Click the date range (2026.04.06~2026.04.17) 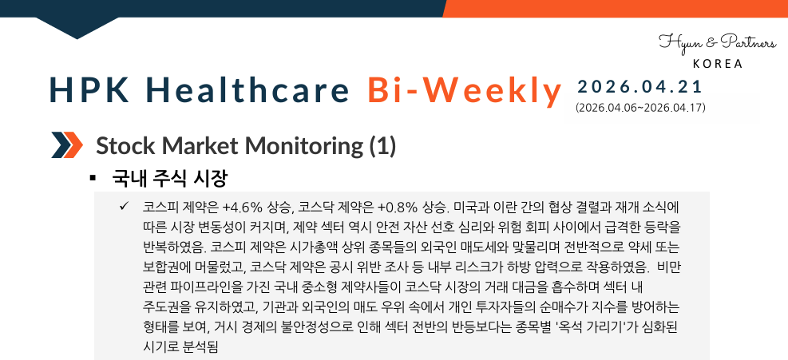(x=640, y=106)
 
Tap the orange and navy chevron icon (x=67, y=146)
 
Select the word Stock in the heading (x=122, y=146)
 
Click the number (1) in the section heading (x=382, y=146)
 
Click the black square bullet (x=93, y=176)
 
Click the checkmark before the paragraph (x=124, y=206)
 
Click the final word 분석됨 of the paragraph (x=203, y=346)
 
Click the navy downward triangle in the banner (x=77, y=28)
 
